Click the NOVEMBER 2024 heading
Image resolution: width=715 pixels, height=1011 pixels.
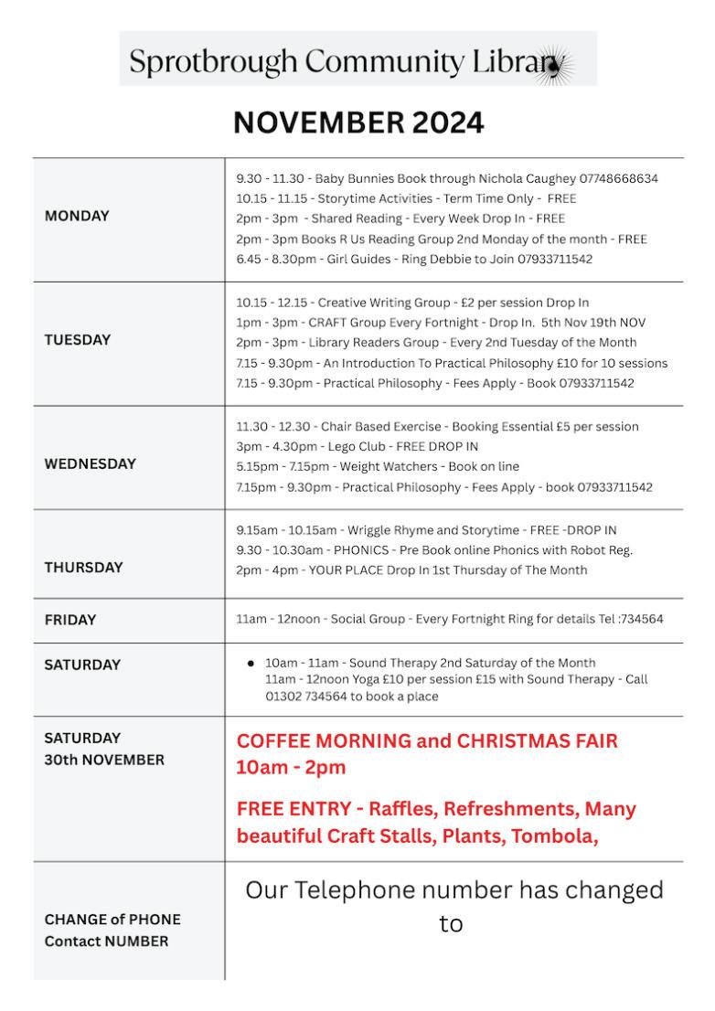point(357,122)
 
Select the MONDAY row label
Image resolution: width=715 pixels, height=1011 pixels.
point(77,217)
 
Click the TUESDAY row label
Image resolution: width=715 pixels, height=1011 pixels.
point(78,340)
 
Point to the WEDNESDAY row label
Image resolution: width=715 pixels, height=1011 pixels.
point(91,463)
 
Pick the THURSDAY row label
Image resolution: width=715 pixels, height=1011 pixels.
point(83,567)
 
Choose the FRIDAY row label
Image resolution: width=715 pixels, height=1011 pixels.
point(70,620)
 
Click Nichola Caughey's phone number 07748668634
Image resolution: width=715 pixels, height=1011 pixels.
point(618,178)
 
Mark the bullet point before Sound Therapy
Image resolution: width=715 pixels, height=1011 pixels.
point(251,663)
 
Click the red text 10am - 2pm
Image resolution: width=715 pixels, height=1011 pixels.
point(291,768)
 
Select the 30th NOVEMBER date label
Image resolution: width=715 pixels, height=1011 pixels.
point(104,761)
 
